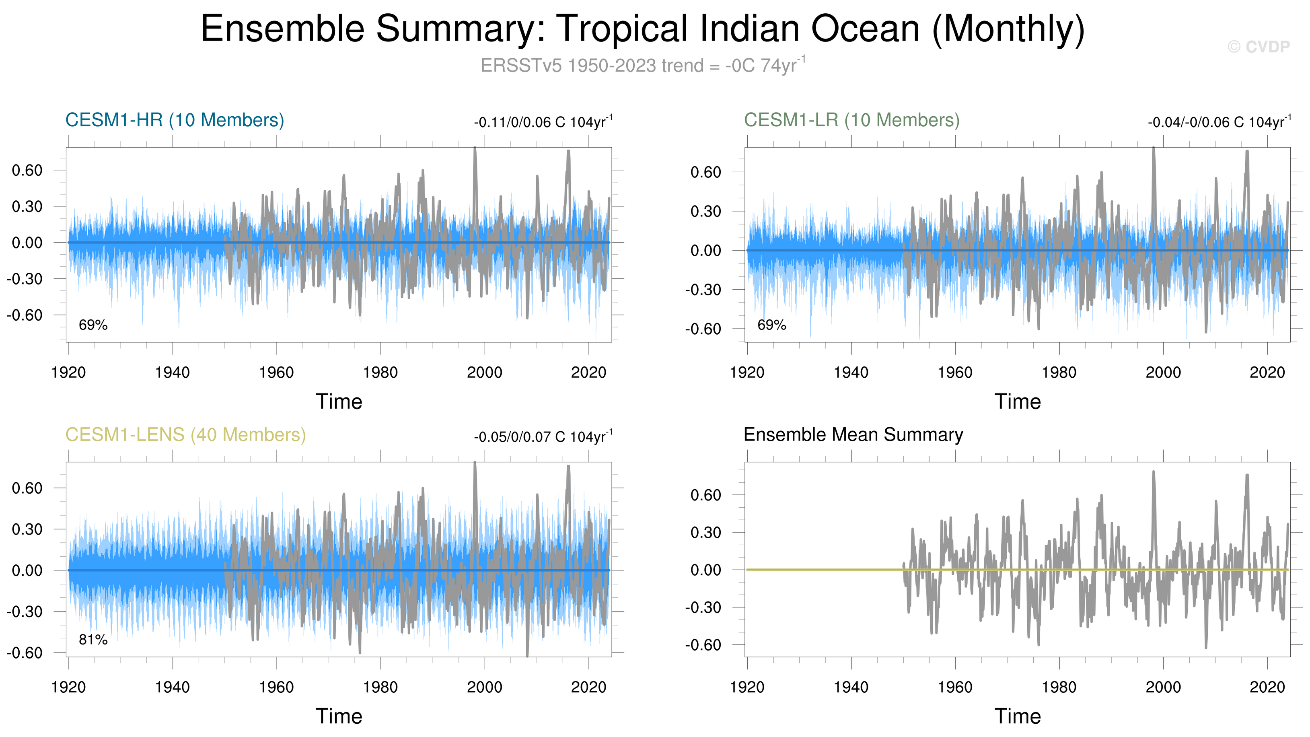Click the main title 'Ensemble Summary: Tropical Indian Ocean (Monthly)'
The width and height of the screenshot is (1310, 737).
coord(643,29)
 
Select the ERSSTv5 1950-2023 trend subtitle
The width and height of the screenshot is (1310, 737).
coord(643,66)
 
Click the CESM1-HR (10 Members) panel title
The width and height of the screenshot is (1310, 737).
coord(175,120)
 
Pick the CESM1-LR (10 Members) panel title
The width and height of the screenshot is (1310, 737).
coord(851,120)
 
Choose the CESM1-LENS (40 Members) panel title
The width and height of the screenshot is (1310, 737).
coord(185,435)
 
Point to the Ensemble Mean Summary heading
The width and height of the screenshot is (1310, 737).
coord(853,435)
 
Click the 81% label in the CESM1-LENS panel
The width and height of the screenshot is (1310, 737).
coord(93,640)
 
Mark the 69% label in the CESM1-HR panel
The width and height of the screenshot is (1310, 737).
coord(93,325)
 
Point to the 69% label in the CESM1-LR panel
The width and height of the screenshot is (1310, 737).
coord(771,325)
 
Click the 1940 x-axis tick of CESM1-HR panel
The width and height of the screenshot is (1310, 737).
coord(173,372)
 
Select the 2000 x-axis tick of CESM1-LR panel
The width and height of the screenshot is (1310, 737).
coord(1163,372)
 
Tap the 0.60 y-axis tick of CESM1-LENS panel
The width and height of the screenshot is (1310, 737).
coord(27,488)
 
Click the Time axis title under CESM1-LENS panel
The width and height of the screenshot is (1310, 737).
coord(339,716)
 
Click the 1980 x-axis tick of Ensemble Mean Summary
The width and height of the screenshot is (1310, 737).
coord(1059,687)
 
